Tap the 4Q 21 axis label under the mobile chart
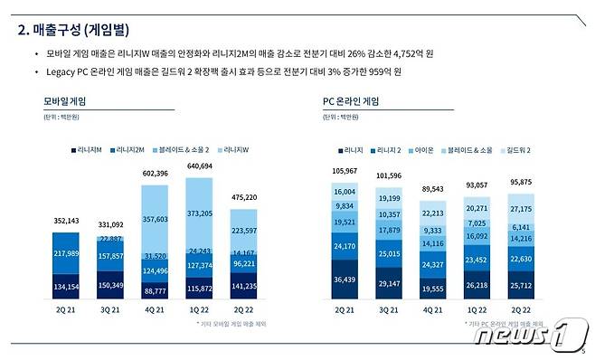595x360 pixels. click(156, 309)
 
